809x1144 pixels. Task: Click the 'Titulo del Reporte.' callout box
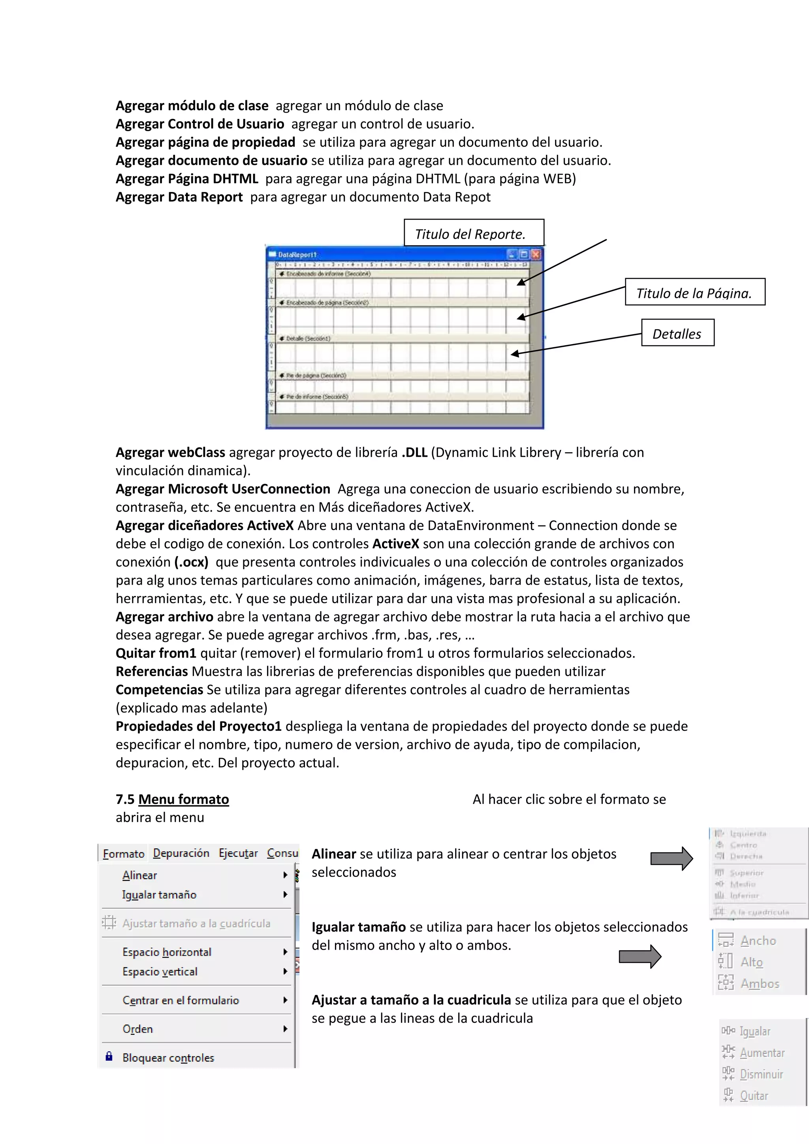point(473,233)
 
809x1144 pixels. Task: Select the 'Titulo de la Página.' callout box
point(695,292)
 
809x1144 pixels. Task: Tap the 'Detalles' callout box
point(677,333)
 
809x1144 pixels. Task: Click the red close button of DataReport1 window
point(536,255)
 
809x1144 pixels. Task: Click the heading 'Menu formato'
point(183,799)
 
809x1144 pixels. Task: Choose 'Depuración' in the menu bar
point(181,853)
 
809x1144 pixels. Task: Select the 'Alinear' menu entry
point(140,875)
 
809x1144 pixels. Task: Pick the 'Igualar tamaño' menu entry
point(160,895)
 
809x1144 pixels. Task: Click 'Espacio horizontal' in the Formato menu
point(167,952)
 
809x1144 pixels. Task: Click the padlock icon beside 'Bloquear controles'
point(109,1056)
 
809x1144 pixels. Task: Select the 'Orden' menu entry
point(138,1029)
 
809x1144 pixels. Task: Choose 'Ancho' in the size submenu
point(758,941)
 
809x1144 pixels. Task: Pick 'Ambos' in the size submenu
point(759,984)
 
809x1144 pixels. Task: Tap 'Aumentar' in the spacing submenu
point(762,1053)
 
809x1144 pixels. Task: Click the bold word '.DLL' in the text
point(414,452)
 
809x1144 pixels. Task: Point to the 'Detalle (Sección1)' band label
point(308,338)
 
